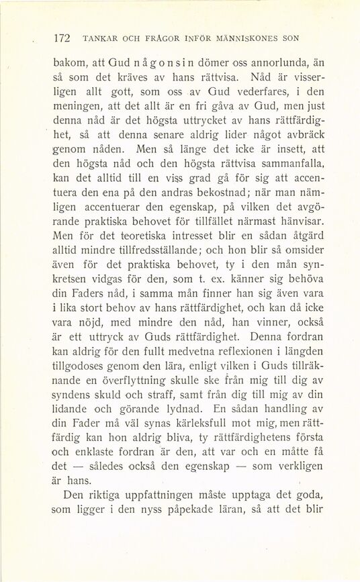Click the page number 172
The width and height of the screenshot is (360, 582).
[62, 38]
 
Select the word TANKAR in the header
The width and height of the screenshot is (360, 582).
[97, 39]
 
